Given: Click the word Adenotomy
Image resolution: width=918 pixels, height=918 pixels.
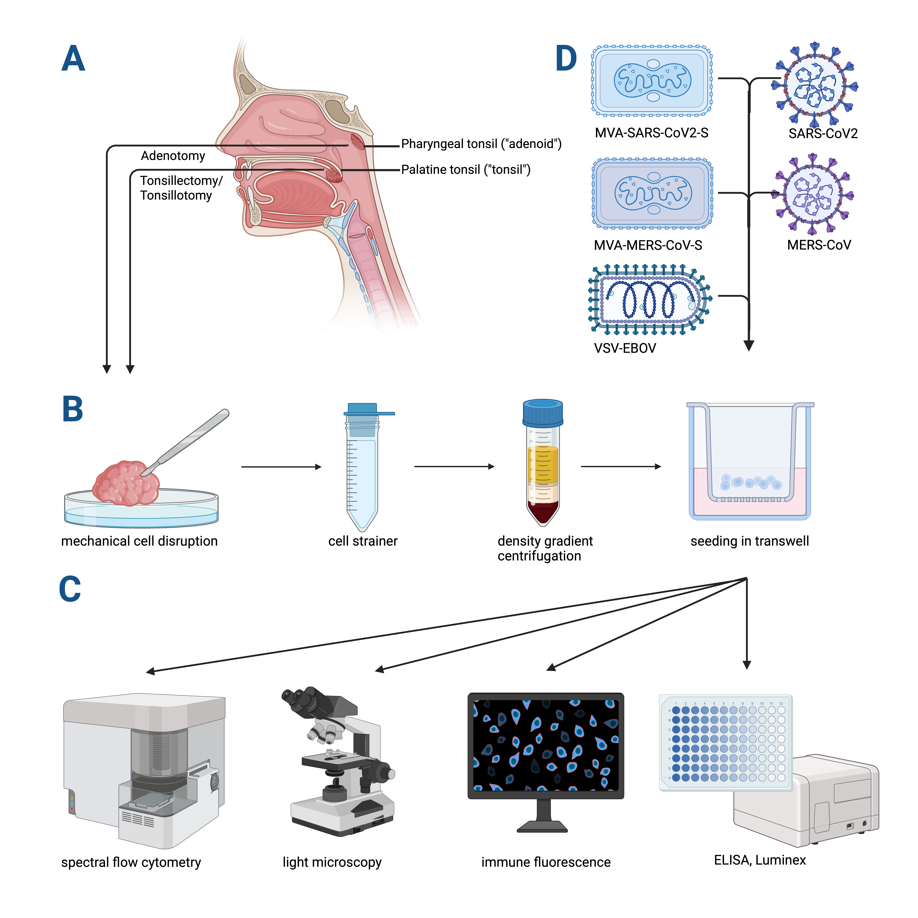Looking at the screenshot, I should tap(173, 156).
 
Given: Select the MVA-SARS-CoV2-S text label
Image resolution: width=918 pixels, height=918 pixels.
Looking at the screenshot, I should tap(651, 133).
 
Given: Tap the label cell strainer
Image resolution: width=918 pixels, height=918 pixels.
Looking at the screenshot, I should tap(363, 541).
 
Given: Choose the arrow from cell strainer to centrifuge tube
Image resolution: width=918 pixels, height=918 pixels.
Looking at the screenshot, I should tap(454, 467).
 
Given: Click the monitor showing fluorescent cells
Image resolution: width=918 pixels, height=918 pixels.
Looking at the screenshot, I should tap(545, 746).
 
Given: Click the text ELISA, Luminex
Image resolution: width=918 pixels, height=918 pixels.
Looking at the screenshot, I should tap(760, 860).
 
